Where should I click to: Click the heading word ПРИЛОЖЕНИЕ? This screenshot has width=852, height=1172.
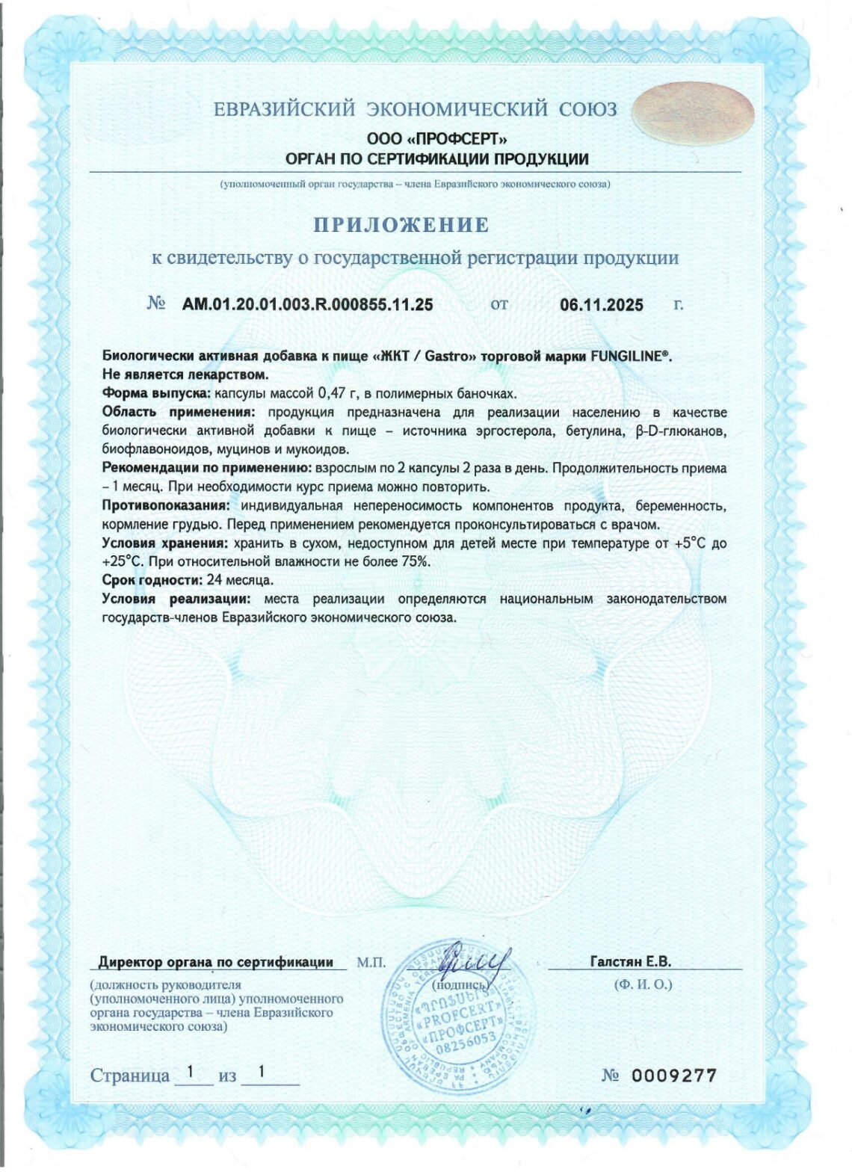click(x=401, y=225)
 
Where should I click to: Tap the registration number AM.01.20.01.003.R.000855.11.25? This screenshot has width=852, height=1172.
click(x=307, y=304)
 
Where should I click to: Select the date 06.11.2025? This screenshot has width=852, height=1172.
click(x=601, y=305)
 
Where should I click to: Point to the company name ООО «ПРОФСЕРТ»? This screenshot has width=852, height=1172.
click(x=437, y=139)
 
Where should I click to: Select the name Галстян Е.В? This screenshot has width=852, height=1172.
click(x=630, y=962)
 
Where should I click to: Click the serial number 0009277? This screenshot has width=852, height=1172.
click(x=674, y=1075)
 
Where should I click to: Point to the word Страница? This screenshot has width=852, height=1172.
click(x=129, y=1076)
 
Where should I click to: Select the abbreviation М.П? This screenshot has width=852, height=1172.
click(x=371, y=962)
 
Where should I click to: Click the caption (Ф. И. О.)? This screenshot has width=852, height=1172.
click(x=642, y=984)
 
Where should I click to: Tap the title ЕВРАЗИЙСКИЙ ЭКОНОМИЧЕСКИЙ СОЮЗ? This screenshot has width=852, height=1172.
click(x=416, y=110)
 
